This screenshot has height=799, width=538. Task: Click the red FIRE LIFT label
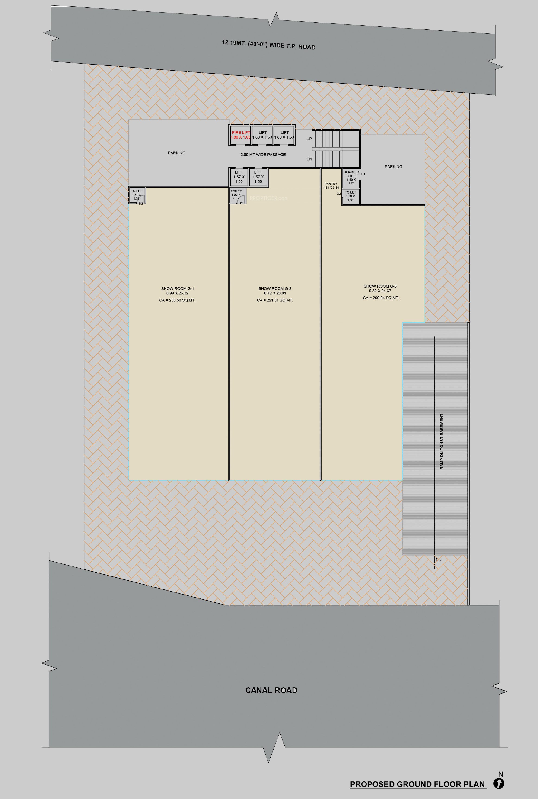(241, 133)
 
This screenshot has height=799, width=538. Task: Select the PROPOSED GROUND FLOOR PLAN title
(417, 784)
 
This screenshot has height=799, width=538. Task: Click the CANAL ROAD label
(271, 690)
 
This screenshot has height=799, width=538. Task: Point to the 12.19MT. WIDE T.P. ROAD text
(269, 45)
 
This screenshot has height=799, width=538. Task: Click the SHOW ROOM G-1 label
(177, 288)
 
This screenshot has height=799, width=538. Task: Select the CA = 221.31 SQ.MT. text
(275, 300)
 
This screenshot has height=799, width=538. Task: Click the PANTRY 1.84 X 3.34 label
(331, 185)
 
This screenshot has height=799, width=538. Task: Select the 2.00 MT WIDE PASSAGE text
(263, 155)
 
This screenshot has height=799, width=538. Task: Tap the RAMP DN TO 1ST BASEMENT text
(442, 441)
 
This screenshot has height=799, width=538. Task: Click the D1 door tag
(363, 174)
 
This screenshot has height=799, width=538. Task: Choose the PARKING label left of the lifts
(176, 153)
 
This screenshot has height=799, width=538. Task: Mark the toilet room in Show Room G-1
(137, 195)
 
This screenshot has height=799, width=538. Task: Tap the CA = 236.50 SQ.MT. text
(177, 300)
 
